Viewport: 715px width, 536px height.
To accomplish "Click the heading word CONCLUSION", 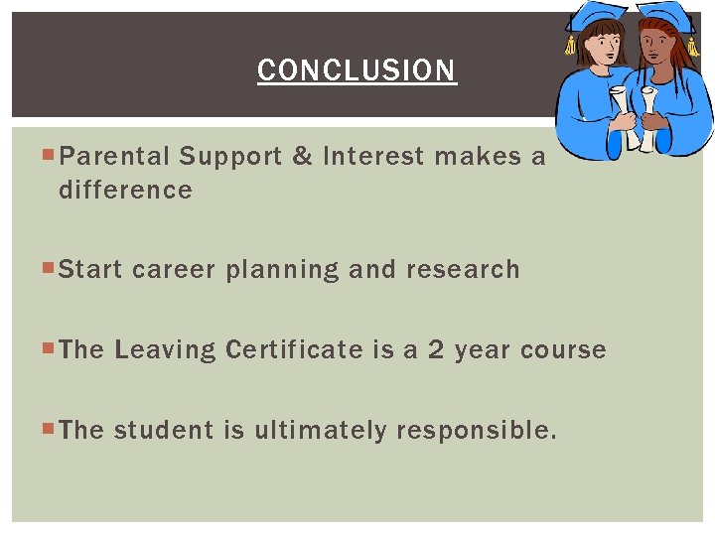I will (x=357, y=71).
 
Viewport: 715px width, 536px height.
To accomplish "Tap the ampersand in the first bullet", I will (x=303, y=157).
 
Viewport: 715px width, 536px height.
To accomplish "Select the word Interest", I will (x=373, y=157).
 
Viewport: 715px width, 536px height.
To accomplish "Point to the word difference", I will (x=125, y=191).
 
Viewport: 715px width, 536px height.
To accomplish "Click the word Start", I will (x=91, y=270).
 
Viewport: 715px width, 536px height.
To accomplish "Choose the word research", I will (x=463, y=270).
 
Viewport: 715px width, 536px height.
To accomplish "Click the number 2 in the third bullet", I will (x=436, y=350).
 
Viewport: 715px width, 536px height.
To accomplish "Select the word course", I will (x=563, y=350).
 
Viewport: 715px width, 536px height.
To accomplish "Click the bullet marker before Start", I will (x=51, y=268).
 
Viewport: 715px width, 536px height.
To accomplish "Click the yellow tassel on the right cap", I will (x=692, y=45).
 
